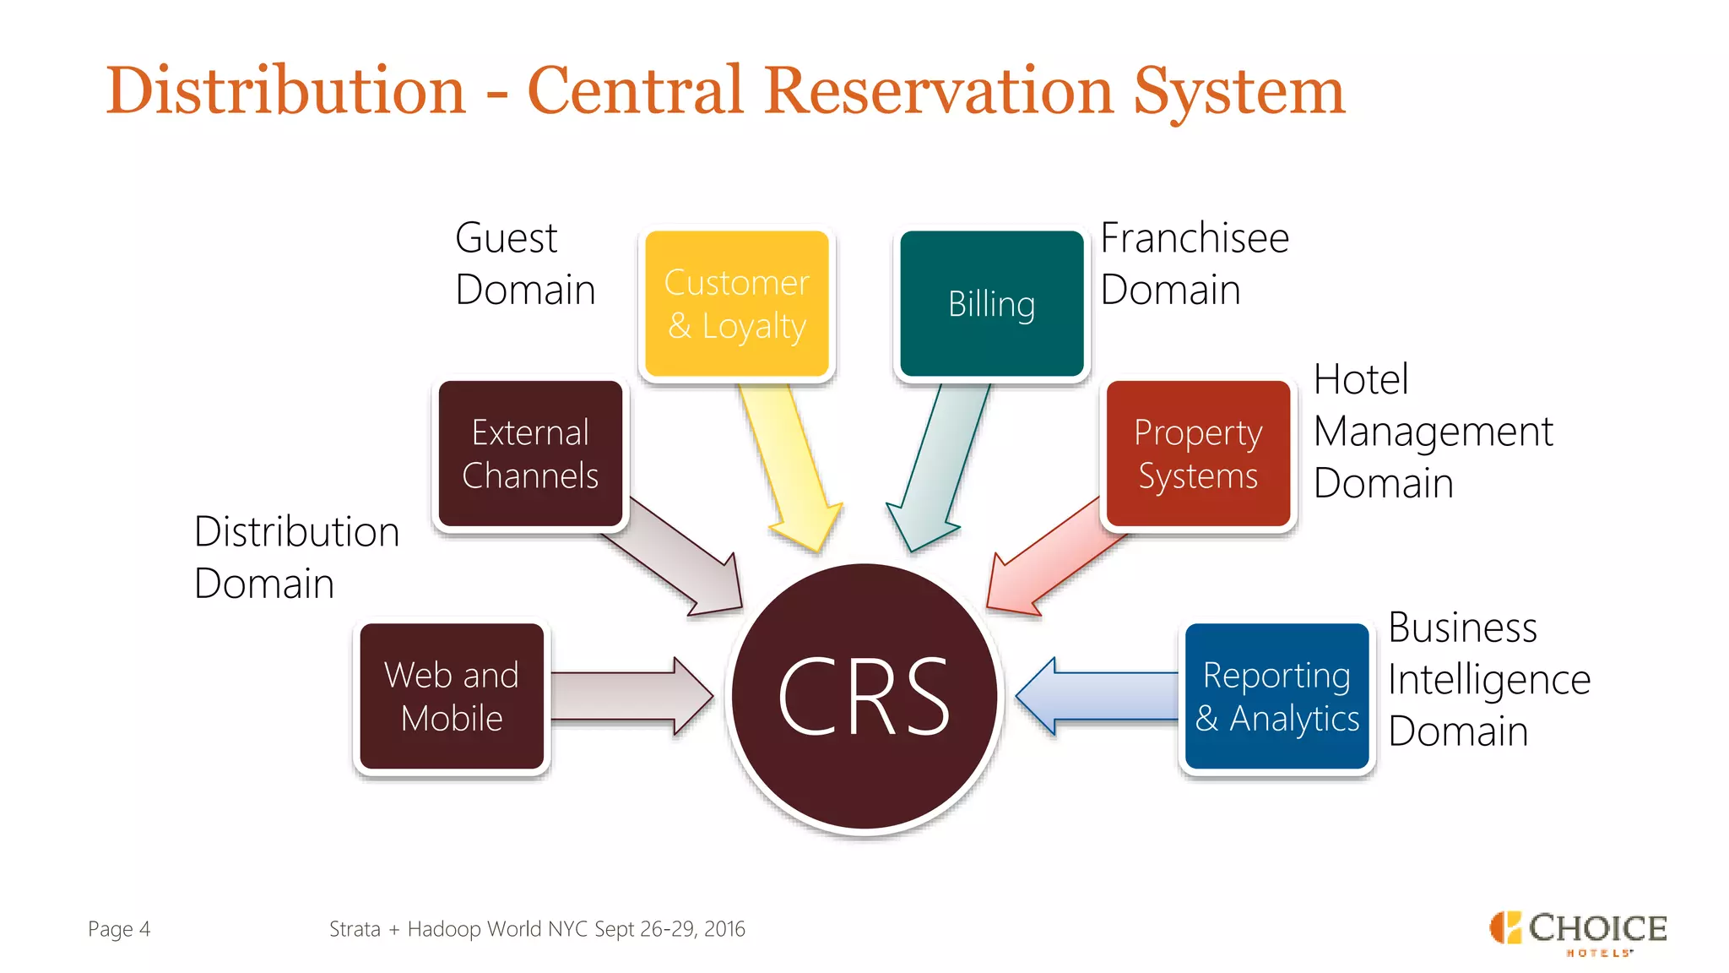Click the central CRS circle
click(x=864, y=698)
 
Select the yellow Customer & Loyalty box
click(x=736, y=303)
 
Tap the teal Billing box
click(x=991, y=303)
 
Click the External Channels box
click(x=530, y=454)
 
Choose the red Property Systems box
click(x=1197, y=454)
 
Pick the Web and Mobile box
click(x=452, y=696)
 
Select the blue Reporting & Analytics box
click(x=1276, y=696)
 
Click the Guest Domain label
click(x=524, y=264)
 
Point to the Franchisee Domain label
click(x=1194, y=264)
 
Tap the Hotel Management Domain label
click(x=1432, y=431)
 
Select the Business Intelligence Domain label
click(x=1488, y=679)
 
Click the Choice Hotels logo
click(x=1577, y=932)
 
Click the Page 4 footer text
click(x=119, y=929)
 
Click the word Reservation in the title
click(x=939, y=91)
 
